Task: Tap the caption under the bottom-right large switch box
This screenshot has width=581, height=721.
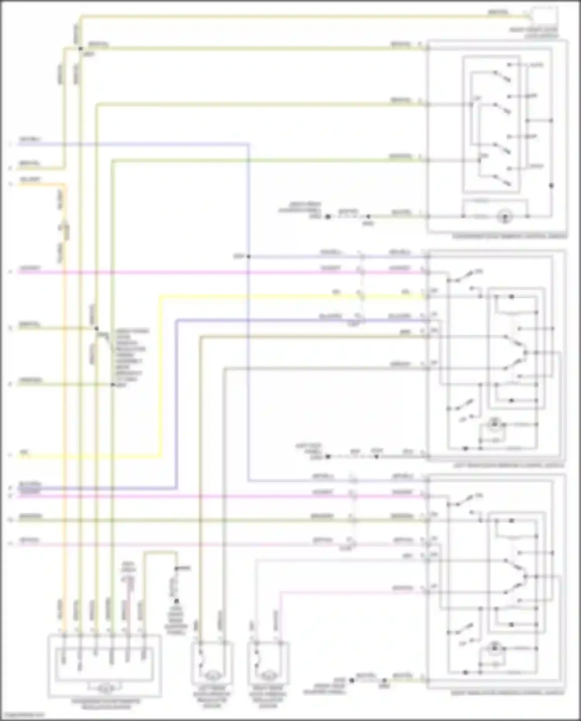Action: (x=508, y=693)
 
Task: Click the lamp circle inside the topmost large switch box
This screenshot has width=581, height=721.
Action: (x=504, y=216)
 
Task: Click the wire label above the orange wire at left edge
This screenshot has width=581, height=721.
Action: (x=29, y=179)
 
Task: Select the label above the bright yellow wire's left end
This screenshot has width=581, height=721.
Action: (x=23, y=452)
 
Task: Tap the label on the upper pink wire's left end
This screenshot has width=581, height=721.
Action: (x=29, y=268)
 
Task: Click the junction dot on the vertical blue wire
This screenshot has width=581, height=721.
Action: (x=248, y=256)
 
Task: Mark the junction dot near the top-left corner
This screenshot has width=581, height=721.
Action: (x=81, y=49)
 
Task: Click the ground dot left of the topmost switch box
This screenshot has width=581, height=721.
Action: (x=328, y=217)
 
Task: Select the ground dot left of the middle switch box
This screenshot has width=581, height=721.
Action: (x=328, y=457)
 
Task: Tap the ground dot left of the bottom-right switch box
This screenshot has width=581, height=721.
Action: (x=351, y=680)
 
